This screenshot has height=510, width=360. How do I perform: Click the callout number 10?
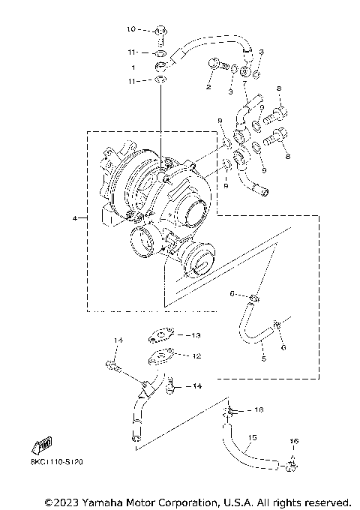129,30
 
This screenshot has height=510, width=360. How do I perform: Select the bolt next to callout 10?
160,31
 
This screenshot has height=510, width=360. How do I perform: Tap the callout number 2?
208,88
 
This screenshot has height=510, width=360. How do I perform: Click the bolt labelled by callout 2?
217,66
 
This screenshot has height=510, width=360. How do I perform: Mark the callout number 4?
75,218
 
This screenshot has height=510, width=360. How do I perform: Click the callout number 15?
253,437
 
